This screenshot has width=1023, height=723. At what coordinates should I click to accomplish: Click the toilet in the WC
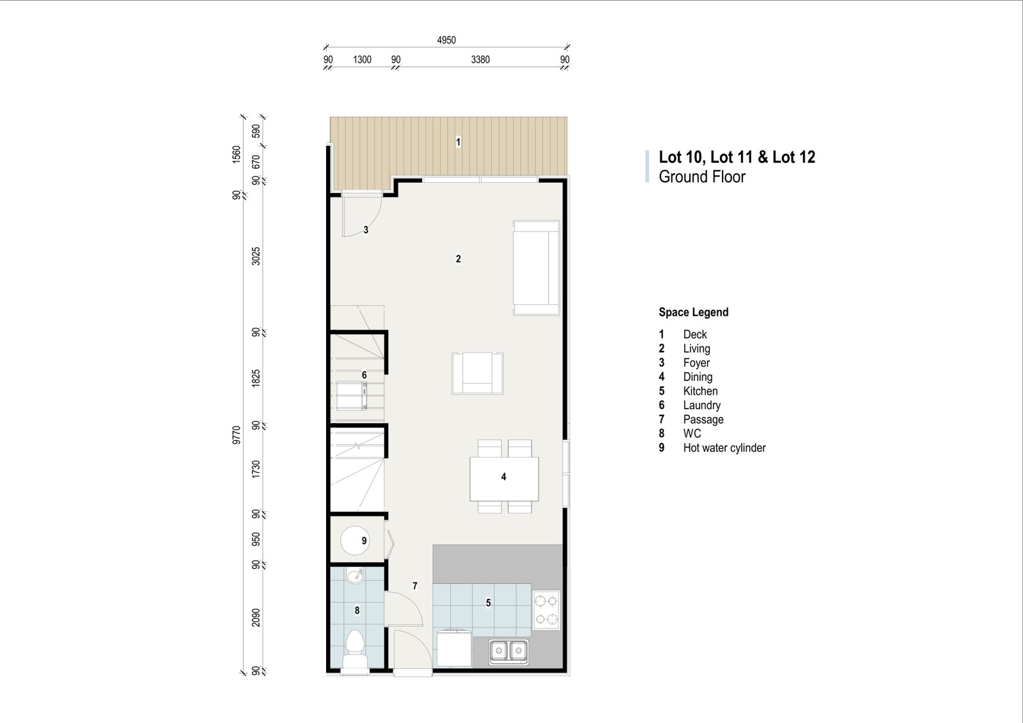pos(356,649)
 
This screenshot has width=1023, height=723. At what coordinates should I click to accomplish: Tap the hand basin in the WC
pos(355,575)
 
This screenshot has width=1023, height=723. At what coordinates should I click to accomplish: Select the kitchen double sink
pos(508,650)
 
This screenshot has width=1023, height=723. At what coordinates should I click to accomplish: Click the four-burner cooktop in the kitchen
pos(546,610)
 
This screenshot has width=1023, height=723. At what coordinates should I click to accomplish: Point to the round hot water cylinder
pos(355,540)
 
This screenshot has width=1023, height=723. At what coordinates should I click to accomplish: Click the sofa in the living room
pos(536,268)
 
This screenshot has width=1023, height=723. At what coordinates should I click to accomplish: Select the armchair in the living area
pos(478,373)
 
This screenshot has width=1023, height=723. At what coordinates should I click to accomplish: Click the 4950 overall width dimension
pos(446,40)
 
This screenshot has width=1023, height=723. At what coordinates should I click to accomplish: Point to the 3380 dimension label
pos(480,60)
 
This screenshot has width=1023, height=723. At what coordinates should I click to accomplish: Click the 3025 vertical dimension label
pos(256,256)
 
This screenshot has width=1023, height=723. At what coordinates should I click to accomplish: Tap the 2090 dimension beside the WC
pos(256,618)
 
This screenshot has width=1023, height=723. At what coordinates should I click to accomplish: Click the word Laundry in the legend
pos(701,405)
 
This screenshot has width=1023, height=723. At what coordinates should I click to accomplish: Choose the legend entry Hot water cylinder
pos(724,447)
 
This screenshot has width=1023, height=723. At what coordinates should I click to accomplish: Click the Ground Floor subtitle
pos(702,176)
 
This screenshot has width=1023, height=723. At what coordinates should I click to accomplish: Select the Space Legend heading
pos(693,313)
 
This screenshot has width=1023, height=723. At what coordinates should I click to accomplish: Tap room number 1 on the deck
pos(458,142)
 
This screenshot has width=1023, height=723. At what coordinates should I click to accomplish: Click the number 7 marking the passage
pos(415,586)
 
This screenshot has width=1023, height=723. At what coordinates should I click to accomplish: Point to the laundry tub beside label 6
pos(352,396)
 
